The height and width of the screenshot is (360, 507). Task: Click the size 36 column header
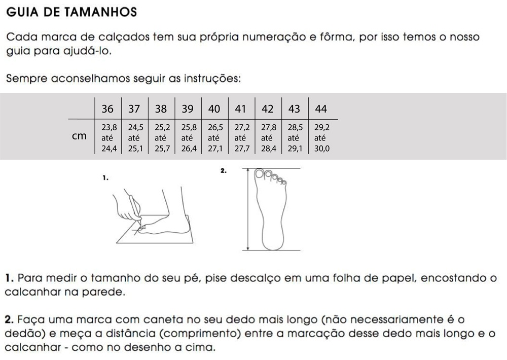pos(107,109)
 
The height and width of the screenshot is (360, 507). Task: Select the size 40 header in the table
pos(214,109)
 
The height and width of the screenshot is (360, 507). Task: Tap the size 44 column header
pos(321,109)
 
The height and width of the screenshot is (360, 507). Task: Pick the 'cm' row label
pos(79,136)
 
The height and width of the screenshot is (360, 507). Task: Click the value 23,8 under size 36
pos(109,127)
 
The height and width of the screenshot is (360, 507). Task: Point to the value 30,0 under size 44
pos(322,149)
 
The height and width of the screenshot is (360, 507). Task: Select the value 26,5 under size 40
pos(215,127)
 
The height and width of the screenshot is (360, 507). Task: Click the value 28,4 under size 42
pos(269,149)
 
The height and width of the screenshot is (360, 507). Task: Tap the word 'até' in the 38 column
pos(160,138)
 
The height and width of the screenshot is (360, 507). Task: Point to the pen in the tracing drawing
pos(135,208)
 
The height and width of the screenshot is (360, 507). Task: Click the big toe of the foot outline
pos(259,173)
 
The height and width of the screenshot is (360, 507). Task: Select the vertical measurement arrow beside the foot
pos(248,209)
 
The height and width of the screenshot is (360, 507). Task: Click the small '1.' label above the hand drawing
pos(105,177)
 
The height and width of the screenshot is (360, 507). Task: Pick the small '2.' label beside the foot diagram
pos(224,170)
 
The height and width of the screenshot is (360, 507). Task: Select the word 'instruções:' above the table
pos(212,79)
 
